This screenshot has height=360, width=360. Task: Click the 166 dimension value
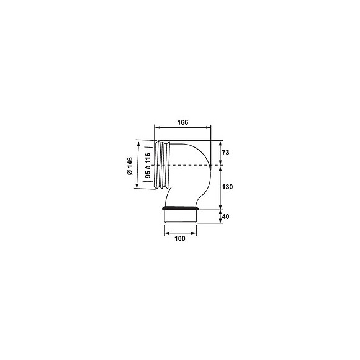[x=182, y=122]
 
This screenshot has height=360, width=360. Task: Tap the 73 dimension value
[x=226, y=153]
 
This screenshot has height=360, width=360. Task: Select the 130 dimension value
[x=227, y=187]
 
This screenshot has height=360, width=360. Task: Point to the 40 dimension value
[x=226, y=217]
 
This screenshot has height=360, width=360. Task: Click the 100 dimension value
[x=180, y=238]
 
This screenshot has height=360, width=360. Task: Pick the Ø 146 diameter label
[x=130, y=166]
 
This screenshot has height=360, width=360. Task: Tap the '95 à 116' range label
[x=148, y=165]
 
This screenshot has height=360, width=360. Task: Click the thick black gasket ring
[x=181, y=208]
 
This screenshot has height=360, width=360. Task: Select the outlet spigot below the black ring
[x=181, y=217]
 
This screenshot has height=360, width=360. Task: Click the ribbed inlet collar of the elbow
[x=162, y=165]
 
